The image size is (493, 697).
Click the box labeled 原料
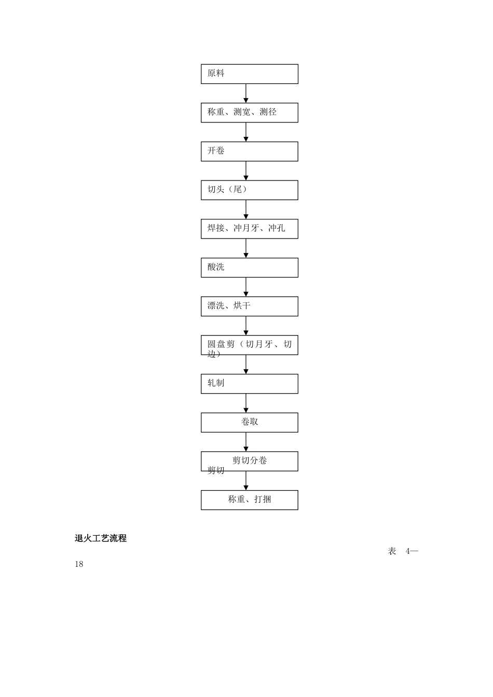[x=249, y=74]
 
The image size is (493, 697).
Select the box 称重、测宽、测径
[x=249, y=113]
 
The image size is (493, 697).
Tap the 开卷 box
[x=249, y=151]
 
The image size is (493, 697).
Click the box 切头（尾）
[x=249, y=190]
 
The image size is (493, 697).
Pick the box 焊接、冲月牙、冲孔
[x=249, y=229]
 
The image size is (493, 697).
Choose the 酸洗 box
[x=249, y=268]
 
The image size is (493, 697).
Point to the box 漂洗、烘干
[x=249, y=306]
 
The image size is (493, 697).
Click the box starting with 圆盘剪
[x=249, y=345]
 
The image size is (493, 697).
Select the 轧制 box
[x=249, y=384]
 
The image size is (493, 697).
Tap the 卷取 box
[x=249, y=422]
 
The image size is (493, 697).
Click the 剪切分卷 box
[x=249, y=461]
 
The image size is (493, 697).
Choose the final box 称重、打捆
[x=249, y=500]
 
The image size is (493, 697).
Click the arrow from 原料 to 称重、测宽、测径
[x=246, y=93]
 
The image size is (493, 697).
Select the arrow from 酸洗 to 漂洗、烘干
[x=246, y=287]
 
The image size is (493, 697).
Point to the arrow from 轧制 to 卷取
[x=246, y=403]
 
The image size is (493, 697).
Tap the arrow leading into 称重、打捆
[x=246, y=481]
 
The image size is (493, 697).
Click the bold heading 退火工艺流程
[x=101, y=538]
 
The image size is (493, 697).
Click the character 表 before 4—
[x=392, y=551]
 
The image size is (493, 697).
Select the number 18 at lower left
[x=79, y=564]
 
